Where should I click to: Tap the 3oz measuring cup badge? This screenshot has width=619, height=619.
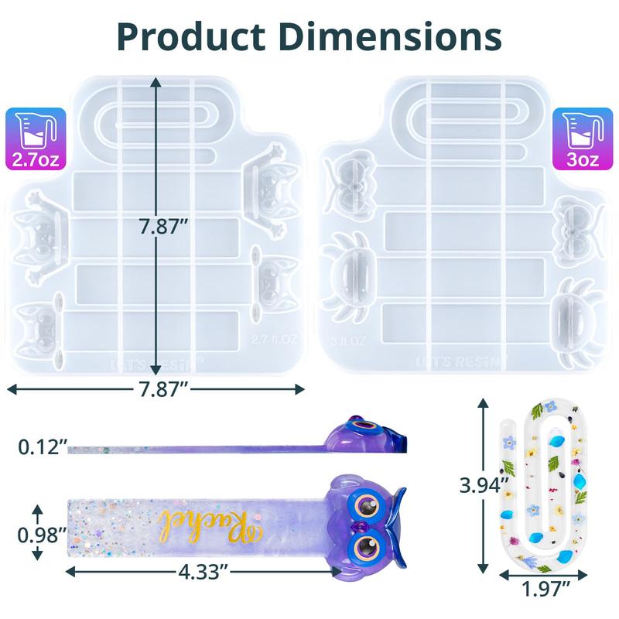click(582, 139)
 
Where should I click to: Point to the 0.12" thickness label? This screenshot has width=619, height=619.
click(41, 447)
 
